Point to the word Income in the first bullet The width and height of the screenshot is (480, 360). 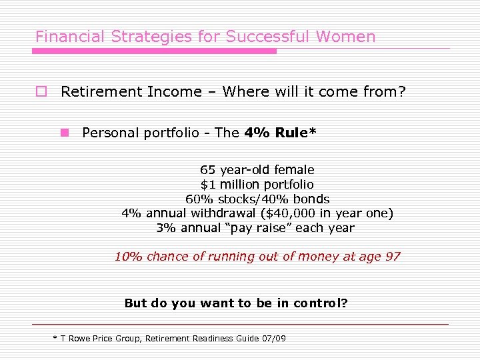[179, 91]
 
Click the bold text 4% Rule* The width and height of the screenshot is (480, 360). [280, 133]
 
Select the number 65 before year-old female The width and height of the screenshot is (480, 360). [207, 170]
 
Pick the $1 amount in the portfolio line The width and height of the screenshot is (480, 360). [209, 184]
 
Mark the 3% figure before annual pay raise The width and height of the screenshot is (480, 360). [166, 228]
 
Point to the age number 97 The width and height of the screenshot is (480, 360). [393, 257]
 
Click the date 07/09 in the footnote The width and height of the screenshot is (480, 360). [274, 339]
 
